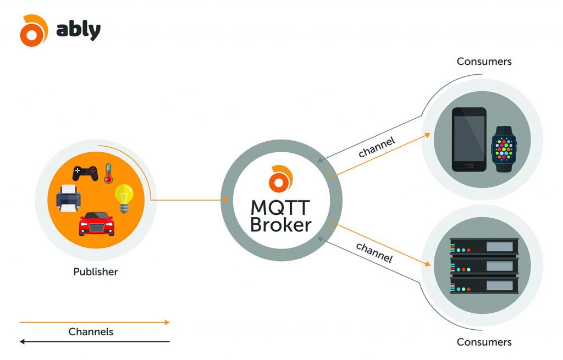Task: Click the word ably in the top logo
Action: click(x=79, y=30)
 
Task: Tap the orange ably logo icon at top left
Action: click(x=34, y=31)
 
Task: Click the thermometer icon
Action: click(x=108, y=173)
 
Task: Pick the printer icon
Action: click(x=68, y=198)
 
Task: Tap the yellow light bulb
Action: click(x=124, y=198)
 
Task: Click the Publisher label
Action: click(x=96, y=272)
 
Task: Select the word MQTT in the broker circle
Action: click(x=280, y=208)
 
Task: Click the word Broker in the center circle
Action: click(x=280, y=225)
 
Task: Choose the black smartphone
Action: click(x=469, y=140)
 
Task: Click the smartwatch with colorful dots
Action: click(x=504, y=148)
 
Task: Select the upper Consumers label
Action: click(x=484, y=61)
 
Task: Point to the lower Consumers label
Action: click(x=484, y=342)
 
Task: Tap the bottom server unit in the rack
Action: click(x=484, y=285)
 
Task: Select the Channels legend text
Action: click(x=91, y=331)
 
